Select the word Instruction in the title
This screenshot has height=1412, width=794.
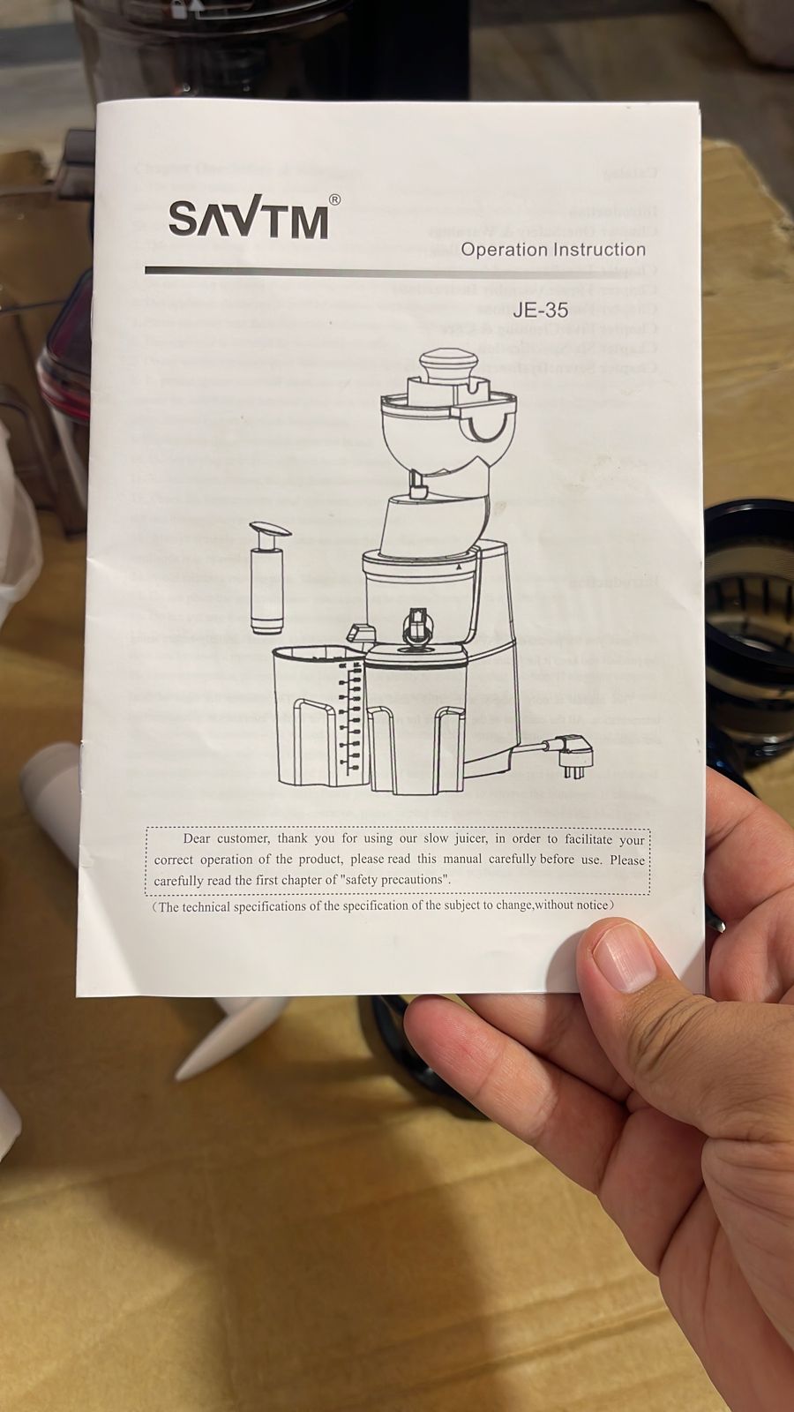click(x=599, y=250)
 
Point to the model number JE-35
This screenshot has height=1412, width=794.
click(x=538, y=311)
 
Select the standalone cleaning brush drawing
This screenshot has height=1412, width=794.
click(x=265, y=577)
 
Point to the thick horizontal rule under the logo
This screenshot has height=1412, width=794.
click(x=397, y=272)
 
